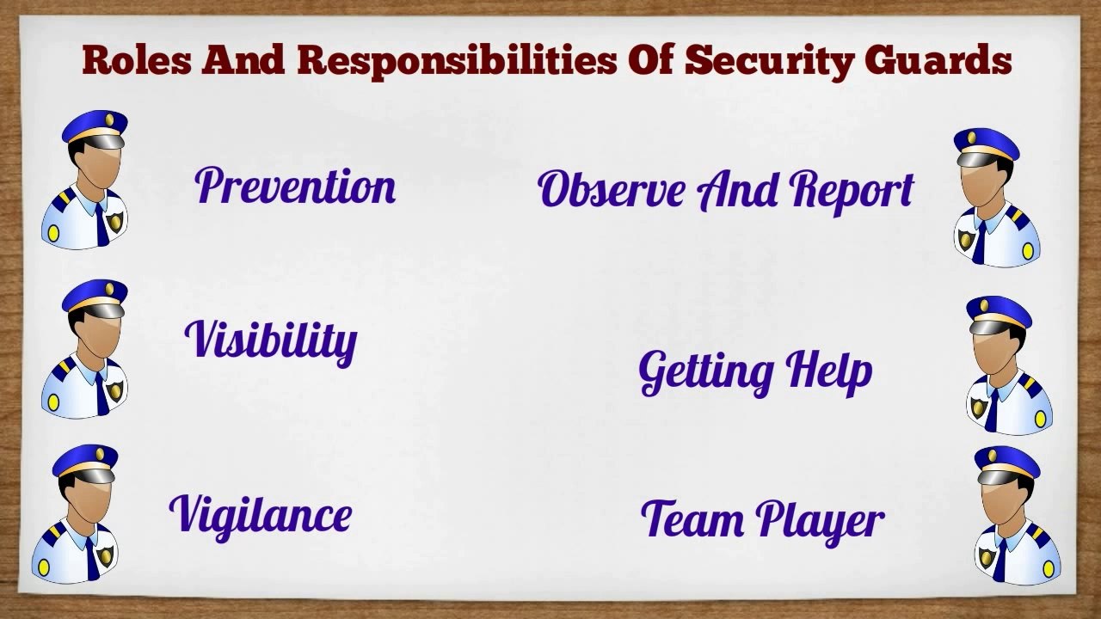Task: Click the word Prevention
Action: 295,186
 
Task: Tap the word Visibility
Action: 271,339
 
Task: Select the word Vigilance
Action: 260,514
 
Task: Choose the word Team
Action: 692,518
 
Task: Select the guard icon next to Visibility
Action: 86,348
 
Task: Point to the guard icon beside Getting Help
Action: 1006,365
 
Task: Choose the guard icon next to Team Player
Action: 1015,516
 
